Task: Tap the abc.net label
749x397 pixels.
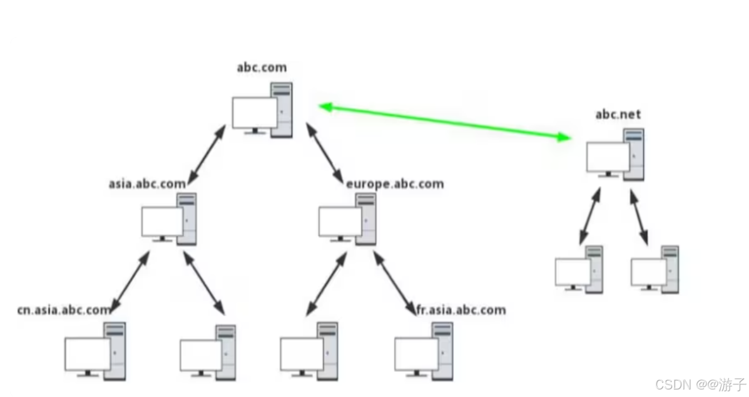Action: pos(618,115)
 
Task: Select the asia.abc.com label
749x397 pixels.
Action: pos(147,183)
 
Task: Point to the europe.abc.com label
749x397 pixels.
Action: pos(395,183)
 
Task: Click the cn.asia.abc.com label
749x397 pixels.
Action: pos(64,309)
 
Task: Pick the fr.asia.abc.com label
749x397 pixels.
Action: pos(461,309)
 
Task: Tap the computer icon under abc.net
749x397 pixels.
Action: pos(615,153)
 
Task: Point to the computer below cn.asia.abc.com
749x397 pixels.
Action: pos(95,351)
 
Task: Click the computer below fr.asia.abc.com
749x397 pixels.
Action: pos(424,351)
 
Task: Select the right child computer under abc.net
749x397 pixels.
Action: pos(655,269)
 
